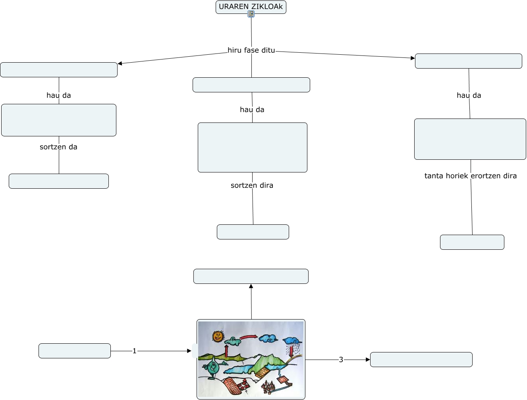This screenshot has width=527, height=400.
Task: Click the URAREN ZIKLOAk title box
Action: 251,6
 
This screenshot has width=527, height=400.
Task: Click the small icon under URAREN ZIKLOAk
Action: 251,14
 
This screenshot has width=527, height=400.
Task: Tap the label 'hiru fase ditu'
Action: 251,50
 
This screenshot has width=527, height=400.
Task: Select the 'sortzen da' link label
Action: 58,147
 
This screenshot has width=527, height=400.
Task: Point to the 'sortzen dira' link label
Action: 252,186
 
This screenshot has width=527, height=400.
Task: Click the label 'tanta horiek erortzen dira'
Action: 470,176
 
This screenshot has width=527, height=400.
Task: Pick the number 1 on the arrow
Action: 134,351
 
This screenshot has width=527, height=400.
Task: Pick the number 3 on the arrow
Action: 341,360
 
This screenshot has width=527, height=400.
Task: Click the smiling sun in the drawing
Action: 218,337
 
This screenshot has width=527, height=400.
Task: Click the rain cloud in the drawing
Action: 292,341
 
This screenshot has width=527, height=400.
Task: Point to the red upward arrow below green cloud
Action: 226,351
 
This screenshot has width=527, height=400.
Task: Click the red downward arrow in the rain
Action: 291,350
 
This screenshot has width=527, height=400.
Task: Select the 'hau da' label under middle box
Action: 252,110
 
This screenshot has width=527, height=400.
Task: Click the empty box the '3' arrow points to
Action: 421,360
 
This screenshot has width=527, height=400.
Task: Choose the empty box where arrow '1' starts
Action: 75,351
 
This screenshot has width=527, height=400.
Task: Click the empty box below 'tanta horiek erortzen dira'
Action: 472,242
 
